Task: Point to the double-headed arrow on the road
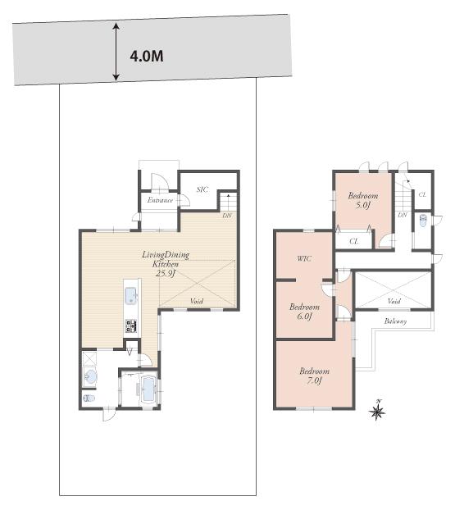[116, 52]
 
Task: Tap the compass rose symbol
[378, 411]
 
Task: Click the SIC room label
[202, 189]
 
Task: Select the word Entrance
[160, 200]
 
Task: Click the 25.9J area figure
[166, 274]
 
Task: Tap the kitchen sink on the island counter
[131, 296]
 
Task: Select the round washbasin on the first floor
[90, 377]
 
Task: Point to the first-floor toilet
[89, 399]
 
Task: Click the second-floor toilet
[422, 221]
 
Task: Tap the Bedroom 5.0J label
[362, 201]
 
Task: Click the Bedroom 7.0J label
[314, 376]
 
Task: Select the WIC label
[303, 259]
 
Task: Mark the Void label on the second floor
[394, 301]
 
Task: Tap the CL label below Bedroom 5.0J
[353, 241]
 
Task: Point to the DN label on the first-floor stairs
[227, 216]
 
